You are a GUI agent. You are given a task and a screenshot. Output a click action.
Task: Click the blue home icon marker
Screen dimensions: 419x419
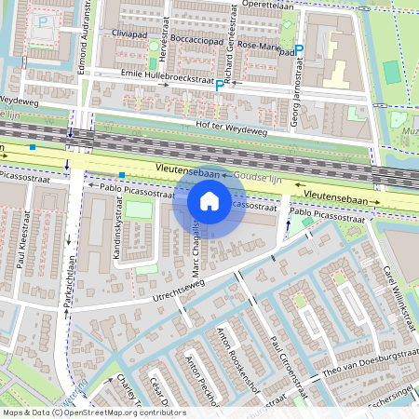[x=209, y=200]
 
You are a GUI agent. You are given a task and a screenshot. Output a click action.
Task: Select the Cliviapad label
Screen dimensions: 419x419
[x=129, y=33]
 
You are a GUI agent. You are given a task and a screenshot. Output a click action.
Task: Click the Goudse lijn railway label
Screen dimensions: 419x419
[x=260, y=175]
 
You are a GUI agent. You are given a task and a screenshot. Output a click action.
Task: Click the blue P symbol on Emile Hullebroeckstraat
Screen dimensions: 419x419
[x=219, y=85]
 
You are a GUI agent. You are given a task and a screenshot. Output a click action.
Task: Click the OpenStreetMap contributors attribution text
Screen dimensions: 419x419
[x=95, y=412]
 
